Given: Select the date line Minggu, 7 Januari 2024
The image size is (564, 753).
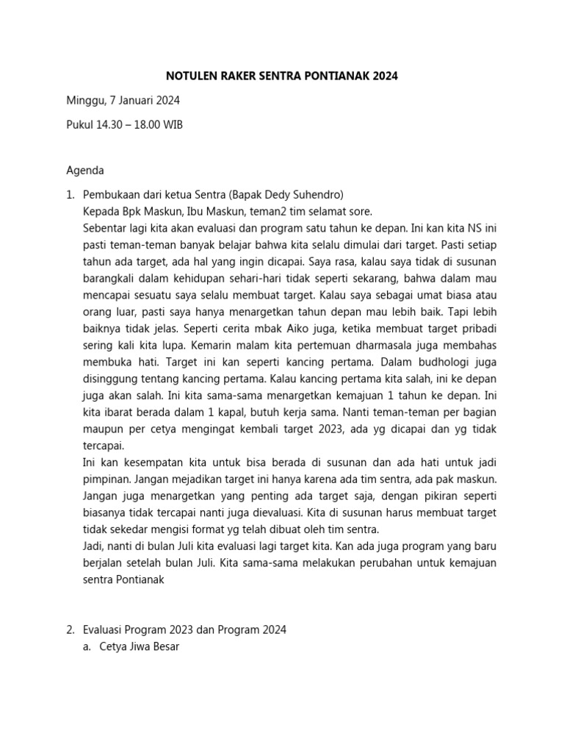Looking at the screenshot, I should point(123,100).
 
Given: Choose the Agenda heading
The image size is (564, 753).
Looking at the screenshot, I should point(85,171).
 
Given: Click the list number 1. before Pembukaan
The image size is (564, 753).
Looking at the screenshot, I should point(70,195).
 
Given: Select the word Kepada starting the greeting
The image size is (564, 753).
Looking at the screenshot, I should point(101,210).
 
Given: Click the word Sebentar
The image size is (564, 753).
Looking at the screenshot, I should point(106,226).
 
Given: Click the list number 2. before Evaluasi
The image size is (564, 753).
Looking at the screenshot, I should point(70,629).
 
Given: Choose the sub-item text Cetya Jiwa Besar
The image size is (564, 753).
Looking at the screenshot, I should point(140,647).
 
